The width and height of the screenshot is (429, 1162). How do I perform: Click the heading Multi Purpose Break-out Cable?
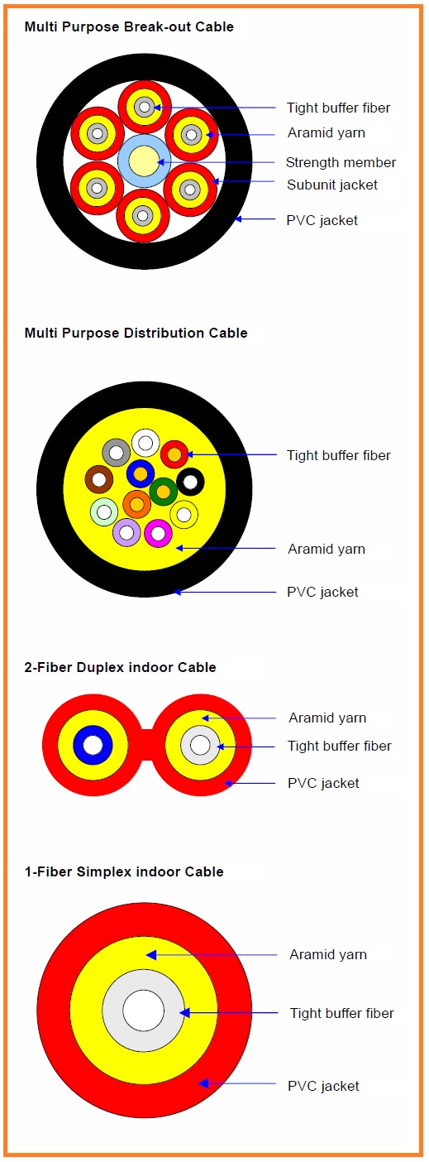click(x=129, y=27)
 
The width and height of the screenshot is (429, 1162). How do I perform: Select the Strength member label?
click(x=341, y=162)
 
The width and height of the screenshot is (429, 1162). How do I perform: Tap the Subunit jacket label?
click(x=332, y=185)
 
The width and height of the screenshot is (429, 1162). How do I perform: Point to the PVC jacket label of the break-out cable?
click(x=322, y=220)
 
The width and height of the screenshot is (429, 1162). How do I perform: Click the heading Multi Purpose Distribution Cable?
click(x=136, y=333)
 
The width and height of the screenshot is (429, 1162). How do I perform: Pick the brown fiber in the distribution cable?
click(x=99, y=479)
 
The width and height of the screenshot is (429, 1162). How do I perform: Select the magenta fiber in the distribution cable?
click(x=158, y=533)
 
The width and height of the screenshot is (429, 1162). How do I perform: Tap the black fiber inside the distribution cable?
click(x=190, y=482)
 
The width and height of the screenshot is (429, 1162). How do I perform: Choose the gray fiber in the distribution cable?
click(x=116, y=453)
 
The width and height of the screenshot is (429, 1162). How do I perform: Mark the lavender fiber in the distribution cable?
click(x=126, y=532)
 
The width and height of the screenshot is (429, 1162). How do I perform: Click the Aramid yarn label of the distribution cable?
click(x=327, y=549)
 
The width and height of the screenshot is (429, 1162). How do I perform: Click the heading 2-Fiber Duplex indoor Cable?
click(x=120, y=667)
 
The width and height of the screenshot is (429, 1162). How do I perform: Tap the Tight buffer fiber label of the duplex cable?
click(x=340, y=746)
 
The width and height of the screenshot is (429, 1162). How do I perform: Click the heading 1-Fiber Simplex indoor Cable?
click(x=124, y=871)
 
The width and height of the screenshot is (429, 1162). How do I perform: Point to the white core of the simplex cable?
click(x=144, y=1011)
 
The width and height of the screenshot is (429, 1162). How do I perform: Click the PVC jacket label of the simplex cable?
click(x=323, y=1086)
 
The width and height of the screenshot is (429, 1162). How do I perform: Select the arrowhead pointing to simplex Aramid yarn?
click(x=150, y=954)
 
